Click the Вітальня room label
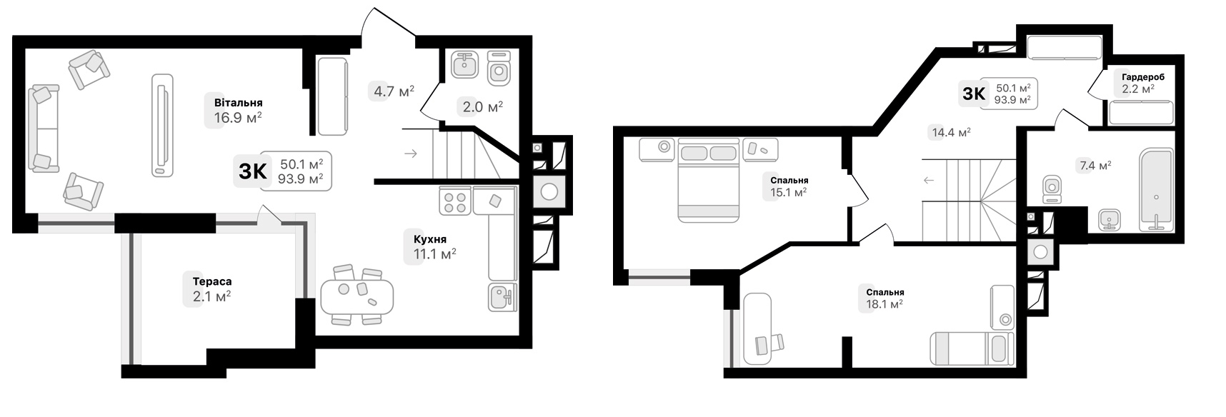238,103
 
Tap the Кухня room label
429,239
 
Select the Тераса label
211,282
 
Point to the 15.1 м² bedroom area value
789,192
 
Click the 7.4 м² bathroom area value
1095,166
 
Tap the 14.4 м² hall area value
950,132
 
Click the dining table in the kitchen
357,296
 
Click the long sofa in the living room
44,129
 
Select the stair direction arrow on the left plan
411,153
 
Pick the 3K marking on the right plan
974,93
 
